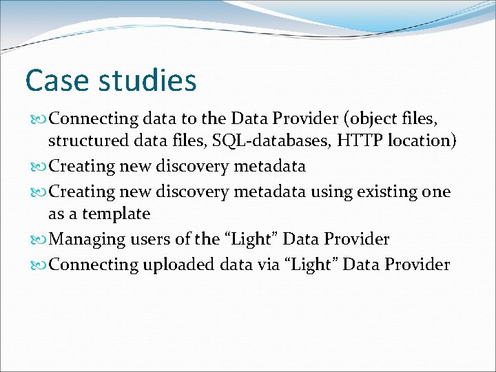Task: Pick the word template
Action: pos(118,214)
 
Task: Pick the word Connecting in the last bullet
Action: pos(94,265)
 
